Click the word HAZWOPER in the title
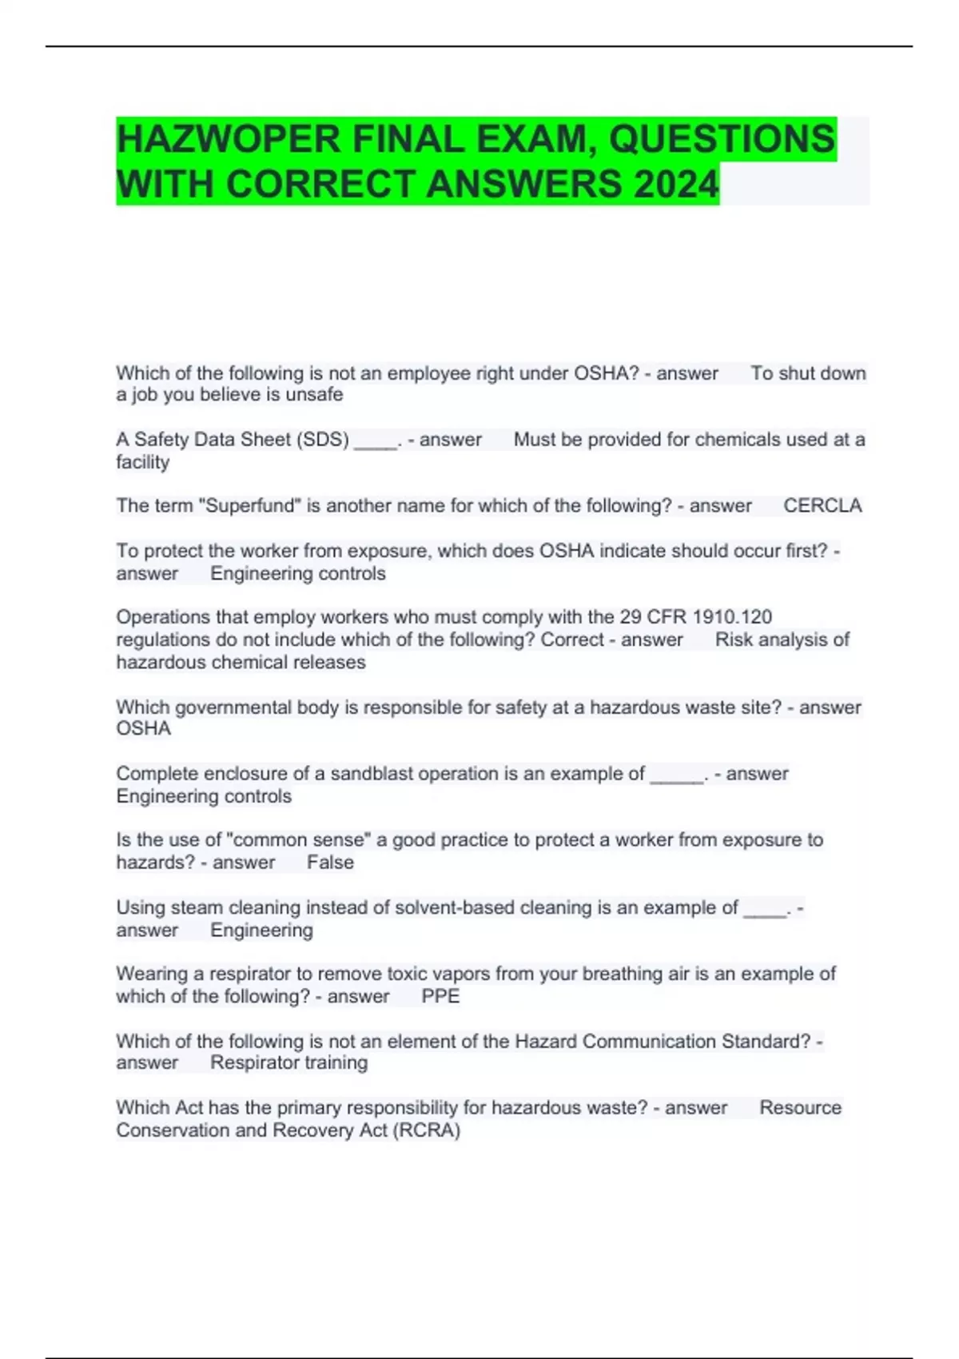[x=228, y=140]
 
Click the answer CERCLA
[x=822, y=506]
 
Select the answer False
[x=330, y=863]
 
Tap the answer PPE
[x=440, y=997]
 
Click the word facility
[x=142, y=462]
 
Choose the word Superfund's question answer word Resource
[x=800, y=1108]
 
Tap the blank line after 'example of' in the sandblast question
[x=677, y=775]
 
